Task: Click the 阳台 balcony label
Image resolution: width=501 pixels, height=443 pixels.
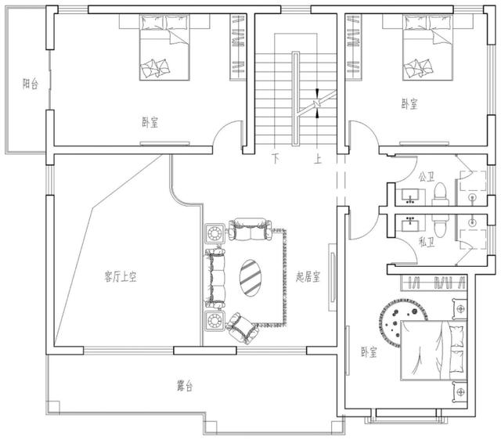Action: click(31, 84)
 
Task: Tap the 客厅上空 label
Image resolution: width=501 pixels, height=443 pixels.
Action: click(121, 276)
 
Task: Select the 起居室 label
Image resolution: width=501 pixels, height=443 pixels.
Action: click(308, 276)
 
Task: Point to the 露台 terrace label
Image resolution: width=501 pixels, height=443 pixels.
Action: click(185, 386)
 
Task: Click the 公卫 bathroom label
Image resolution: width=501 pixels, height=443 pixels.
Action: click(427, 177)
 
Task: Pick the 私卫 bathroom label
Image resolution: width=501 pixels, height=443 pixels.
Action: click(427, 243)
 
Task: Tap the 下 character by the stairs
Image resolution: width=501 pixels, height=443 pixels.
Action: click(276, 159)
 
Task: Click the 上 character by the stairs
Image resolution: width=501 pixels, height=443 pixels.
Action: click(317, 159)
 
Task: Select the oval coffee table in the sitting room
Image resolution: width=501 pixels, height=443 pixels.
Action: click(250, 278)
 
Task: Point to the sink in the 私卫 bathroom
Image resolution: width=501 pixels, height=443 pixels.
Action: click(409, 224)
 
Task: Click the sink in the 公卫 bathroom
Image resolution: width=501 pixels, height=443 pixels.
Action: click(410, 196)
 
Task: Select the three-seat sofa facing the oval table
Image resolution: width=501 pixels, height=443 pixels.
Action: click(215, 278)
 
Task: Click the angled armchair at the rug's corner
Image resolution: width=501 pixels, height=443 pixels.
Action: click(242, 328)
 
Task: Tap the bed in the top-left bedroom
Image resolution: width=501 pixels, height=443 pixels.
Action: click(164, 47)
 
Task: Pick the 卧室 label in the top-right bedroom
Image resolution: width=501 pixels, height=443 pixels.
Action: click(409, 103)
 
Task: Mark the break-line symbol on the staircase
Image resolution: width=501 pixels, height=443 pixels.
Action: click(316, 103)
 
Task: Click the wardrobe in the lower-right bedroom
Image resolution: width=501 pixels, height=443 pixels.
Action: click(434, 283)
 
